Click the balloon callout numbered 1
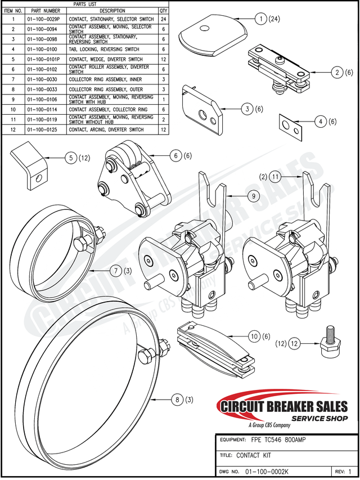click(260, 19)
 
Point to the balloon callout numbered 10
click(254, 336)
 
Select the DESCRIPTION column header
click(112, 11)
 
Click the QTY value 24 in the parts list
click(163, 19)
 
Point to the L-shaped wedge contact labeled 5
click(30, 167)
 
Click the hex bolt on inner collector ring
click(83, 243)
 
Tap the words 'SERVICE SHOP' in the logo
click(318, 418)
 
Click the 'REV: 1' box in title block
click(343, 471)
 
